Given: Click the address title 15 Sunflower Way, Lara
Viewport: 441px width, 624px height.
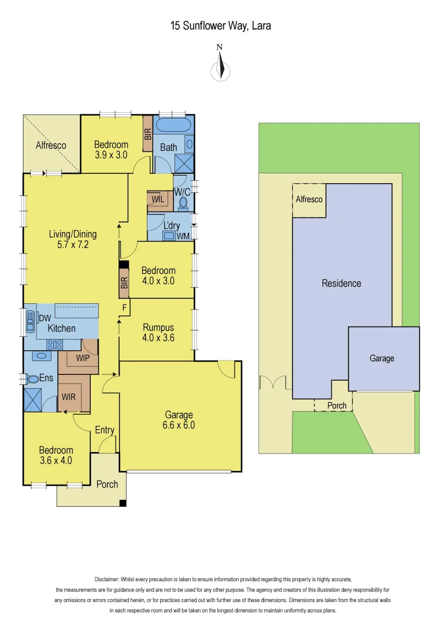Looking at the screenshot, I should pyautogui.click(x=220, y=25).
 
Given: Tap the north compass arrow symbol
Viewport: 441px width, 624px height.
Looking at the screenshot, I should pyautogui.click(x=220, y=68).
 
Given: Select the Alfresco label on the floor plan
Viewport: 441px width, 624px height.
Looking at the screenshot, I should pyautogui.click(x=51, y=145).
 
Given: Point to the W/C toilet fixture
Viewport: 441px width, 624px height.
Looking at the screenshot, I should pyautogui.click(x=184, y=203).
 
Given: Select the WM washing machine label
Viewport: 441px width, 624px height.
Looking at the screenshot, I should pyautogui.click(x=183, y=236).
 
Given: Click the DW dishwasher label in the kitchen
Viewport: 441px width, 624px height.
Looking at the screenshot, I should pyautogui.click(x=45, y=318).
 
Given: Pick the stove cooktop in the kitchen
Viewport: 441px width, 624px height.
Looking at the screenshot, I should pyautogui.click(x=54, y=344).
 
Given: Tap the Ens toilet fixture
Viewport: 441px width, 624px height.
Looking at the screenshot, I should pyautogui.click(x=28, y=379).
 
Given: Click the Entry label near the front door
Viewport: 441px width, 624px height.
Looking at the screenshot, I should pyautogui.click(x=105, y=430).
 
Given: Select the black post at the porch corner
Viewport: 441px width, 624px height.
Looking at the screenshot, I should pyautogui.click(x=123, y=503).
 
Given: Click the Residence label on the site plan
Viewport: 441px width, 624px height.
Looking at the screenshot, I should pyautogui.click(x=341, y=283).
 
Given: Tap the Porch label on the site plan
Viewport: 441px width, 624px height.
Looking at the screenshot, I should pyautogui.click(x=337, y=406).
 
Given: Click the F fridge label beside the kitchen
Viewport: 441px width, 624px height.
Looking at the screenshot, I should pyautogui.click(x=124, y=307).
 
